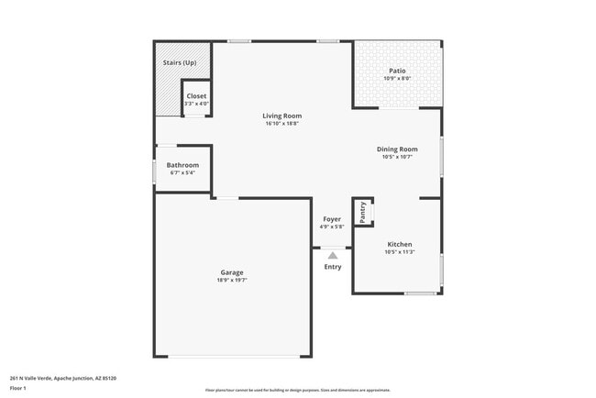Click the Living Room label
281,116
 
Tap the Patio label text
397,71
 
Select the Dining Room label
397,149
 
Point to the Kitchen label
399,245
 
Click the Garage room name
231,272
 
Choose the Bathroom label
182,165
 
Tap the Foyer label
331,219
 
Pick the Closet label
196,96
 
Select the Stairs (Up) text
180,62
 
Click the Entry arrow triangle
332,256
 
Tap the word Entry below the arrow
333,267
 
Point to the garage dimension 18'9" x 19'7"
231,281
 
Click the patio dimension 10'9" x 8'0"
397,78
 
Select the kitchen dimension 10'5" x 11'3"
399,252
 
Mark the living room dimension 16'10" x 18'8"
281,124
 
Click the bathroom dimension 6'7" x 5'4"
182,172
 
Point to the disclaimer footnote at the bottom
298,390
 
